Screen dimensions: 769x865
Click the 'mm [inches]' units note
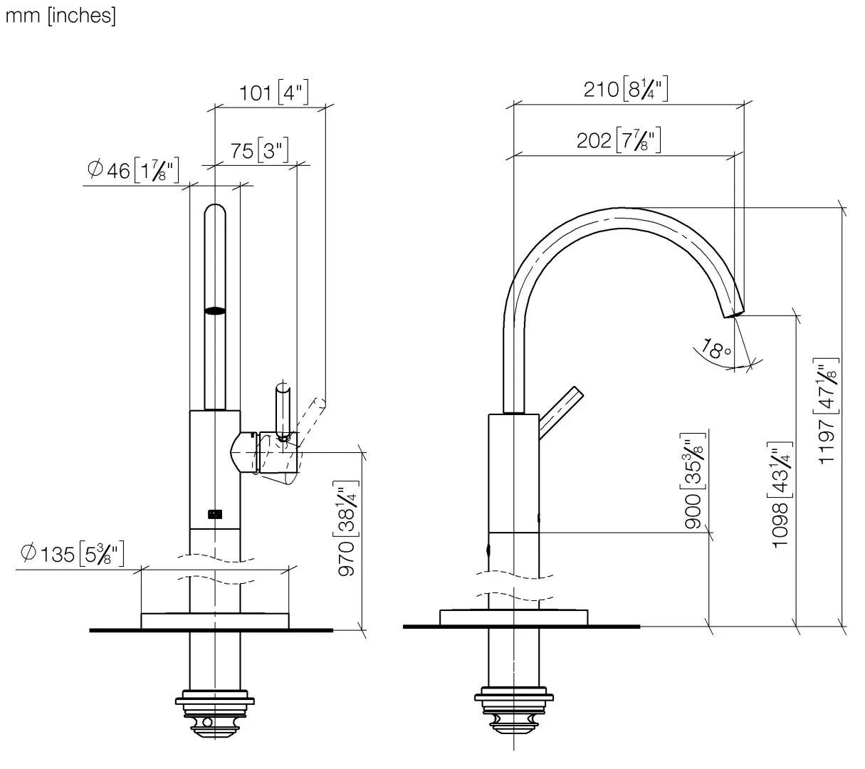click(60, 16)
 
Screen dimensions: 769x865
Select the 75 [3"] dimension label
click(259, 151)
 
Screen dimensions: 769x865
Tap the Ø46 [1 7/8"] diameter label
click(132, 170)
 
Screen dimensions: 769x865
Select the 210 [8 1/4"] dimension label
click(626, 89)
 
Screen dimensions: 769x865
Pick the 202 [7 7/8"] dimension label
click(619, 140)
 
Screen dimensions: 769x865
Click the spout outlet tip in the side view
click(734, 308)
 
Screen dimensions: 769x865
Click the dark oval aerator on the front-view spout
click(215, 310)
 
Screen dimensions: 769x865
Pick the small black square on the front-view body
click(214, 513)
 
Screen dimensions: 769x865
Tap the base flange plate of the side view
click(514, 617)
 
